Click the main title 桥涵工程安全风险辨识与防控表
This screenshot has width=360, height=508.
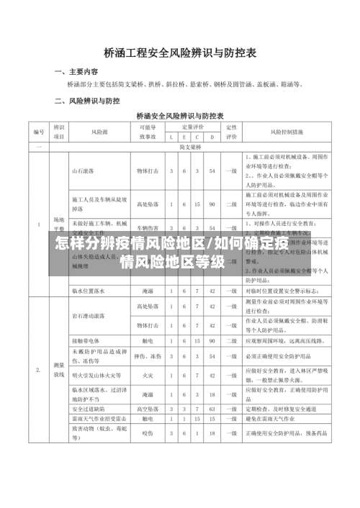click(x=180, y=53)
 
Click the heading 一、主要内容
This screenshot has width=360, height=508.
click(x=77, y=72)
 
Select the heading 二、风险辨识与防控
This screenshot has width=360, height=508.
click(x=87, y=101)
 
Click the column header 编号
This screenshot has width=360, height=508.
click(x=38, y=132)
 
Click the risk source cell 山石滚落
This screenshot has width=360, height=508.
click(x=84, y=171)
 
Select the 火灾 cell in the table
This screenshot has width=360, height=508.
click(x=148, y=375)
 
